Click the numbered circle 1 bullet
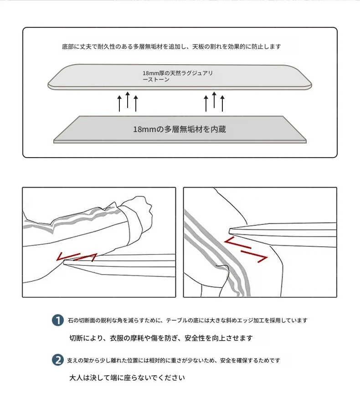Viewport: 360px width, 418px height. pyautogui.click(x=57, y=320)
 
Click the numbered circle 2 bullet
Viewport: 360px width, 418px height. pyautogui.click(x=57, y=360)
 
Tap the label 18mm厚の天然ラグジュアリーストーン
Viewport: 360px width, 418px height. pyautogui.click(x=177, y=76)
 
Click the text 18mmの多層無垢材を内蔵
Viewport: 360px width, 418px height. pyautogui.click(x=180, y=129)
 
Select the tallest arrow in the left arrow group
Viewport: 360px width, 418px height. pyautogui.click(x=128, y=100)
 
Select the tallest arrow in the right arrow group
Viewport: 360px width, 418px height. pyautogui.click(x=214, y=100)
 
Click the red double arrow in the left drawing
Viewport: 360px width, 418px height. pyautogui.click(x=77, y=257)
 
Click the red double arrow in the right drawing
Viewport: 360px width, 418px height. pyautogui.click(x=246, y=250)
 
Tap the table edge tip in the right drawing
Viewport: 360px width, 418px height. pyautogui.click(x=230, y=231)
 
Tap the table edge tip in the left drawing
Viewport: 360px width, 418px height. pyautogui.click(x=64, y=262)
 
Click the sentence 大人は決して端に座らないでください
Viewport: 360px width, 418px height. pyautogui.click(x=127, y=378)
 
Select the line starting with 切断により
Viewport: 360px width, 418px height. pyautogui.click(x=161, y=338)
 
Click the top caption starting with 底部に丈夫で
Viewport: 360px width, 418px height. pyautogui.click(x=171, y=46)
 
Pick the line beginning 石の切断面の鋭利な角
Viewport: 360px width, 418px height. pyautogui.click(x=188, y=320)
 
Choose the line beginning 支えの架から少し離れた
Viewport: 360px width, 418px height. pyautogui.click(x=174, y=361)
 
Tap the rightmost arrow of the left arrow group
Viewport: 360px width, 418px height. pyautogui.click(x=136, y=103)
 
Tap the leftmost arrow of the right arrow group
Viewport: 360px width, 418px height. pyautogui.click(x=206, y=103)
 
